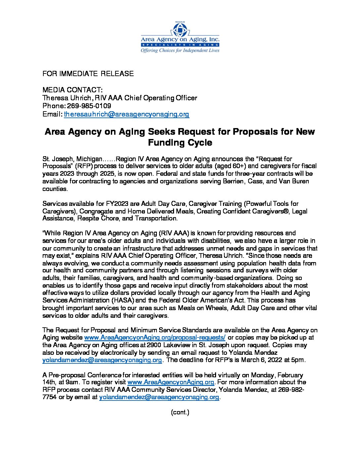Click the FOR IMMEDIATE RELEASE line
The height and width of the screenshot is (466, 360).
point(88,74)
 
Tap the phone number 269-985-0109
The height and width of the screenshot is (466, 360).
point(89,106)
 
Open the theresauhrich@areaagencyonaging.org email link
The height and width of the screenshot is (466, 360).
point(126,114)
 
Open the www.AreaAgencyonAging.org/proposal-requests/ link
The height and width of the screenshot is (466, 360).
point(155,338)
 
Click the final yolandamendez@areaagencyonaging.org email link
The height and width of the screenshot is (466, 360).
point(159,397)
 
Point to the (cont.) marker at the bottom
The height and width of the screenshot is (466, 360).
point(180,412)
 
